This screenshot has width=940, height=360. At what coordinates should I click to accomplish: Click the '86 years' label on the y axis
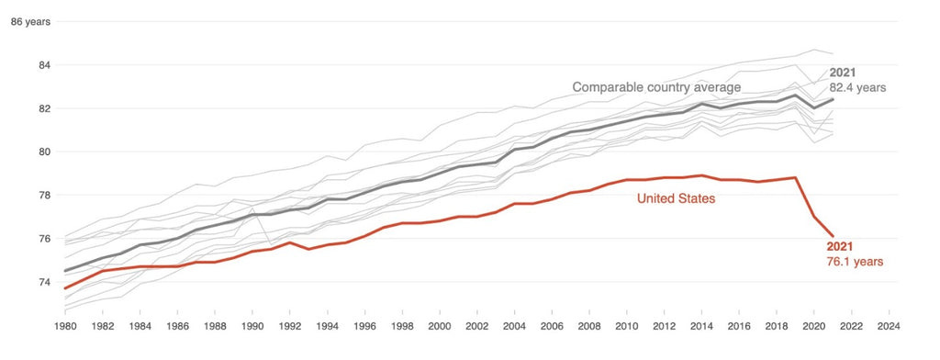[29, 22]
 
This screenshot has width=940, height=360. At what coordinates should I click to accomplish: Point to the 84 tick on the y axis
[42, 65]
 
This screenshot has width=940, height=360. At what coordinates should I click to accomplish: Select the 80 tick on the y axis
[42, 152]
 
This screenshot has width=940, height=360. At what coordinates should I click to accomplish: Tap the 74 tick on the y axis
[42, 282]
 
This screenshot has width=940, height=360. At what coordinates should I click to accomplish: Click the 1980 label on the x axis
[66, 326]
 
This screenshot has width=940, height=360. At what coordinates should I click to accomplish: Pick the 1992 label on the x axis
[289, 326]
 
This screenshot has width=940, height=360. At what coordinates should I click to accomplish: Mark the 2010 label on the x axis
[626, 326]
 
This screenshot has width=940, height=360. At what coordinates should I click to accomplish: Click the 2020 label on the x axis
[813, 326]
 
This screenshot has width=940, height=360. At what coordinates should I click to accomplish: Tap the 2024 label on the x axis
[888, 326]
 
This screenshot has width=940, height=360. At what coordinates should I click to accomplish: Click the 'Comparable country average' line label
[656, 87]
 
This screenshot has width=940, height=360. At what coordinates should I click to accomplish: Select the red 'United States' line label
[677, 197]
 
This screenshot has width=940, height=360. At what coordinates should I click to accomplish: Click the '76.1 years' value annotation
[855, 262]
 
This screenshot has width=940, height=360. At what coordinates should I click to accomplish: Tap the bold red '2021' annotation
[841, 246]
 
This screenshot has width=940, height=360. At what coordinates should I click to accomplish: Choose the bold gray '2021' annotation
[844, 72]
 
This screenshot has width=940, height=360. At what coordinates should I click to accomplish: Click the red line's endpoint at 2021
[833, 236]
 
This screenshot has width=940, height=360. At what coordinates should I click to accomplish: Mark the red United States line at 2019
[795, 177]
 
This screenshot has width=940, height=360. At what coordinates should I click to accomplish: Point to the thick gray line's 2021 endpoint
[833, 99]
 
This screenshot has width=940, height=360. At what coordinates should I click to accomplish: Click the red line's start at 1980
[66, 288]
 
